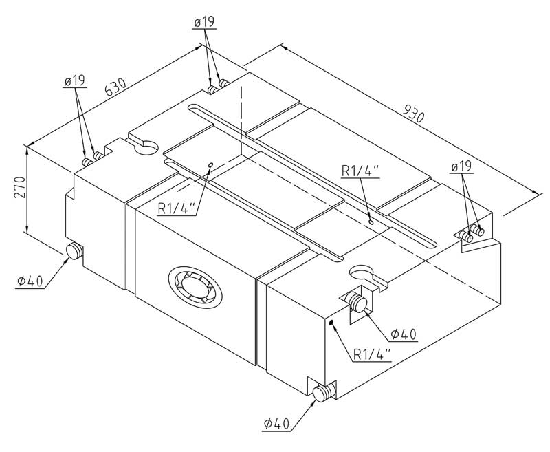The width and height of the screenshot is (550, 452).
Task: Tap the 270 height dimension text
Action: tap(19, 187)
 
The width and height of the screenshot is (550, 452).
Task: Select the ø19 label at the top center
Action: tap(204, 23)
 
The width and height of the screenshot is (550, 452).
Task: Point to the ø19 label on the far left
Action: tap(74, 82)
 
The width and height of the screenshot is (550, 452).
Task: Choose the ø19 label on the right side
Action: tap(462, 167)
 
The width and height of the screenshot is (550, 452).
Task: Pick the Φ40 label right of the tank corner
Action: tap(404, 334)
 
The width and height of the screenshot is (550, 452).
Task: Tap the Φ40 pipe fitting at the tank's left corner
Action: tap(73, 252)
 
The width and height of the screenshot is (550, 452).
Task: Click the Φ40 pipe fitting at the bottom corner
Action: tap(322, 393)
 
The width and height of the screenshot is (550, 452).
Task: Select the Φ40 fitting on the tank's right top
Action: tap(357, 302)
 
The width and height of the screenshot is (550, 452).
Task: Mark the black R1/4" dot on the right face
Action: tap(331, 322)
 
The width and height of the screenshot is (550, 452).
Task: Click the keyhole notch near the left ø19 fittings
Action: tap(144, 145)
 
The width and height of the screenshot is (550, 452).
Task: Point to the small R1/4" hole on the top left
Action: tap(210, 165)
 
